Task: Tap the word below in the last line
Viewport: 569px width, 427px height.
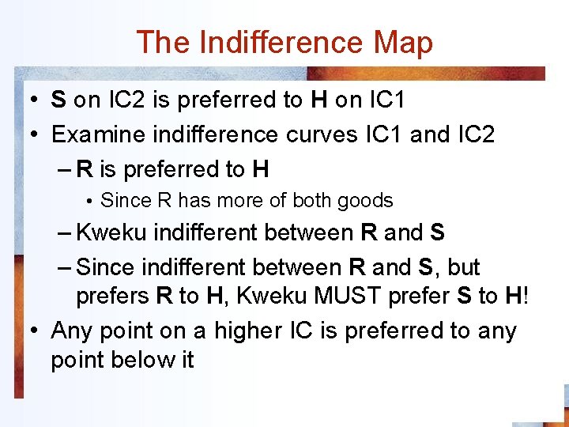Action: [146, 359]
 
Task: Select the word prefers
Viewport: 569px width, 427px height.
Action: [113, 296]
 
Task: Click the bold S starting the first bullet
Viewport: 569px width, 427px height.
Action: [58, 100]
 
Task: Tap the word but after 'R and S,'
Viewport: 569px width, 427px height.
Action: [464, 267]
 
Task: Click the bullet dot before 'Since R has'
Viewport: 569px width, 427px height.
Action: [91, 202]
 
